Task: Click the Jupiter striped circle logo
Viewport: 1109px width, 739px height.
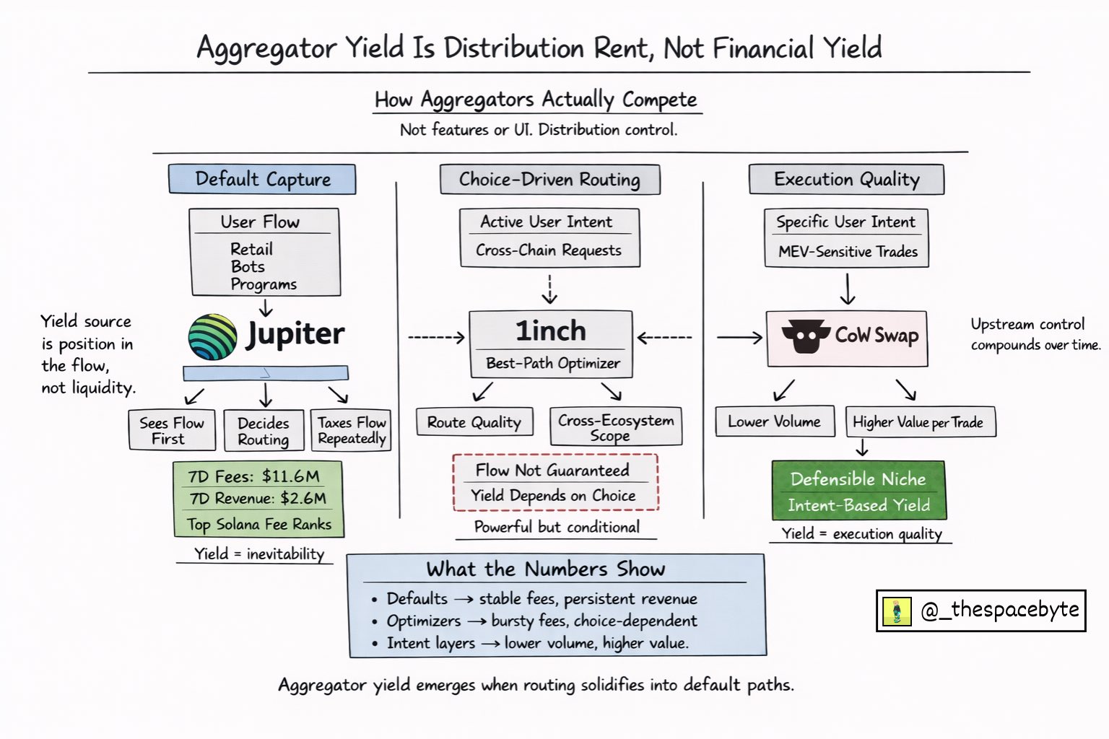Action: (x=212, y=337)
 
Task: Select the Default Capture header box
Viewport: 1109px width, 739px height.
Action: (x=262, y=179)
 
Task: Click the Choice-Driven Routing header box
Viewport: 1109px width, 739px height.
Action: (x=549, y=179)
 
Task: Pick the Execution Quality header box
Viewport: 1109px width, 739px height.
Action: (x=846, y=179)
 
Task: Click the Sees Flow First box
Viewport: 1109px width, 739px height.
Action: (x=172, y=430)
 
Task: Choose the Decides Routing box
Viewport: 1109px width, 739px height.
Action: (x=263, y=431)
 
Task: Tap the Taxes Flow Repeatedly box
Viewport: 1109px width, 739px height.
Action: (x=352, y=430)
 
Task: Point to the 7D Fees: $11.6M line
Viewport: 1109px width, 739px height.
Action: (x=253, y=476)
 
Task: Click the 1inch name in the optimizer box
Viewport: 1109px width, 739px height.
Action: (x=550, y=331)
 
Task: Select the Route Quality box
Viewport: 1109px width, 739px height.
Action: (x=474, y=422)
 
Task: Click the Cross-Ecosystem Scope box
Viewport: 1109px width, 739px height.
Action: (x=615, y=427)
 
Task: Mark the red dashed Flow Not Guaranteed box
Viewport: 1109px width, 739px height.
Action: (x=554, y=482)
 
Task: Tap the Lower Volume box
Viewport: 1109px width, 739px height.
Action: (x=774, y=421)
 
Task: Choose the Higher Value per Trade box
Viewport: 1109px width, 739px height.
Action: (x=919, y=422)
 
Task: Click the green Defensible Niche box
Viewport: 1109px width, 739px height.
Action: (x=858, y=491)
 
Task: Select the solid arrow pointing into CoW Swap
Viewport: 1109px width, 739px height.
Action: (x=739, y=337)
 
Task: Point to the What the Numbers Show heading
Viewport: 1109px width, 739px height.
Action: (x=545, y=569)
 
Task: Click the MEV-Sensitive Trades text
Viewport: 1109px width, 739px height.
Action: (x=848, y=252)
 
